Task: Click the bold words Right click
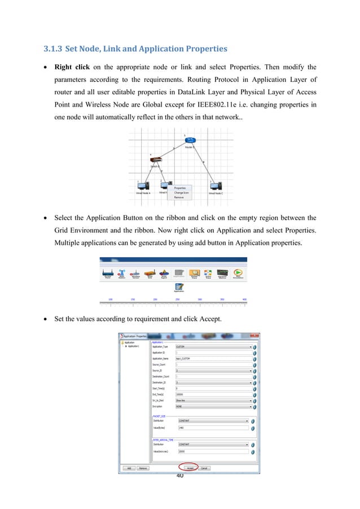pyautogui.click(x=72, y=67)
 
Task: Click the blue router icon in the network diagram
pyautogui.click(x=190, y=141)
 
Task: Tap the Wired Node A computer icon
pyautogui.click(x=143, y=186)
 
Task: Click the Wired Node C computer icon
pyautogui.click(x=216, y=186)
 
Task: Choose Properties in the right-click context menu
pyautogui.click(x=180, y=188)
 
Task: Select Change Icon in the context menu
pyautogui.click(x=182, y=192)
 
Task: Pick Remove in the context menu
pyautogui.click(x=179, y=197)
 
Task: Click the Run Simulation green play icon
pyautogui.click(x=238, y=273)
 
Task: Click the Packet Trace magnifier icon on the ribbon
pyautogui.click(x=194, y=273)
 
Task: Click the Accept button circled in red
pyautogui.click(x=190, y=468)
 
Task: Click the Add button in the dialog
pyautogui.click(x=129, y=468)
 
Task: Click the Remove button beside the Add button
pyautogui.click(x=143, y=468)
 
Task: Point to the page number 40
pyautogui.click(x=180, y=476)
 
